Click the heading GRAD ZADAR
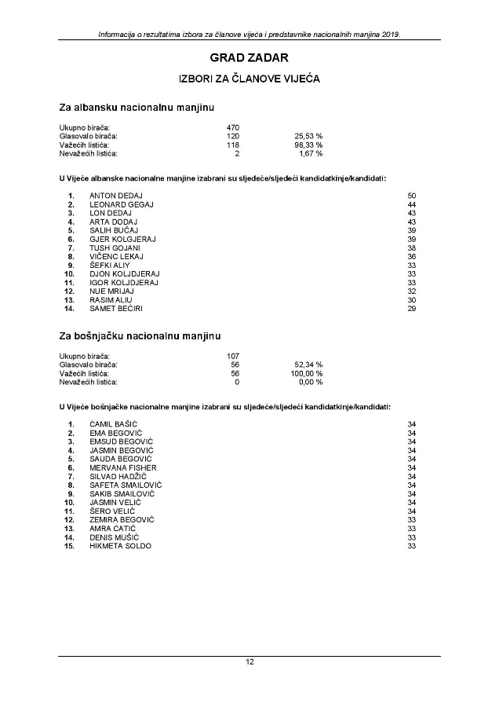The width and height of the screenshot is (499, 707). pyautogui.click(x=249, y=58)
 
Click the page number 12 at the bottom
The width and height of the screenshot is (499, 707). pyautogui.click(x=249, y=662)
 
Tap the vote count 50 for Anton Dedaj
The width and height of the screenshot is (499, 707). pyautogui.click(x=411, y=195)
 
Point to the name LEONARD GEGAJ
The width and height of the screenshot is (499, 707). pyautogui.click(x=122, y=204)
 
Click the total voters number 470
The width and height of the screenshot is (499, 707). pyautogui.click(x=232, y=127)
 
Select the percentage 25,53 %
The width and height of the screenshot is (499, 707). pyautogui.click(x=308, y=136)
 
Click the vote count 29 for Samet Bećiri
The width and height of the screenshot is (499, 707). pyautogui.click(x=411, y=310)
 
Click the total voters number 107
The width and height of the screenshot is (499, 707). pyautogui.click(x=232, y=356)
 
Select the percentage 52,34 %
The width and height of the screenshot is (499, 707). pyautogui.click(x=308, y=364)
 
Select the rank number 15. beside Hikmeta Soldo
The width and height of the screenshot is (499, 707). pyautogui.click(x=70, y=546)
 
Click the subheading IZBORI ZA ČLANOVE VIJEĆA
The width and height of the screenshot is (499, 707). pyautogui.click(x=249, y=79)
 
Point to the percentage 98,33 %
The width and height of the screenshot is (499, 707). pyautogui.click(x=308, y=145)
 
